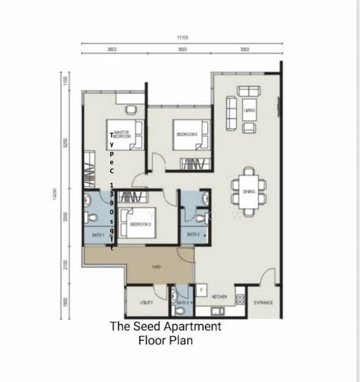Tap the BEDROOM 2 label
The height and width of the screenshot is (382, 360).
[188, 134]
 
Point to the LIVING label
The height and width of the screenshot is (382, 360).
[249, 110]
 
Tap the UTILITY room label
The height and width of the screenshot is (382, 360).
[146, 302]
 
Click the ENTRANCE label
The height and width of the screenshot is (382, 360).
[263, 302]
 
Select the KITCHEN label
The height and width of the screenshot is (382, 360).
[219, 297]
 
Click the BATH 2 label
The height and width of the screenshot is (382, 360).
[194, 235]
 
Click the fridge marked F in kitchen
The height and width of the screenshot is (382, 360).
[202, 289]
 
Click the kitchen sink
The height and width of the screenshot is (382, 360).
[214, 311]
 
